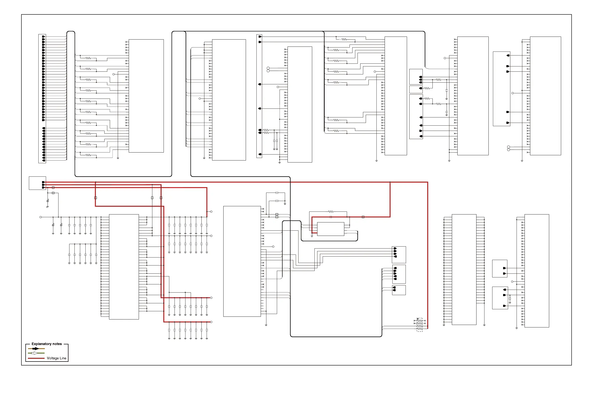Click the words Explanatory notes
47,344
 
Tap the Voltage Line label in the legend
57,358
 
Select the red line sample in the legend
36,358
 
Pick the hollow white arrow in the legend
35,353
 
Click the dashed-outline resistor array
420,325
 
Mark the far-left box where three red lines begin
37,183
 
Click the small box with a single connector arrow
416,89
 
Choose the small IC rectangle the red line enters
331,229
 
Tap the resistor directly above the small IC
331,212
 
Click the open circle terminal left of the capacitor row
41,217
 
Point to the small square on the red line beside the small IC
363,217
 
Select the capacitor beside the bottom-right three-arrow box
510,300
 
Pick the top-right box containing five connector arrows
502,89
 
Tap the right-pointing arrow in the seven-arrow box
421,131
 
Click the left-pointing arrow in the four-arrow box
395,257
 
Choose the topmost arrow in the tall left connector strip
43,37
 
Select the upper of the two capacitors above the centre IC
277,193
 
